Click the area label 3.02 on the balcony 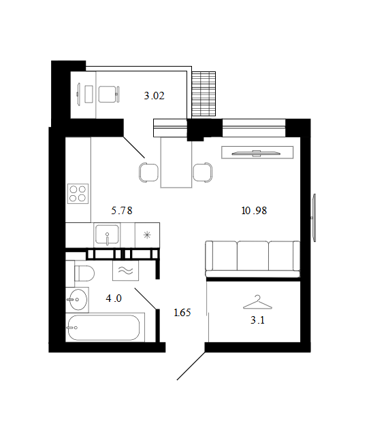click(154, 96)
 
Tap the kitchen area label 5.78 click(122, 210)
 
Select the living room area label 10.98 click(254, 210)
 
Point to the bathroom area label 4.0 click(114, 298)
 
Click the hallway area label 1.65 click(182, 312)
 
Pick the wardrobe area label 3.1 click(257, 320)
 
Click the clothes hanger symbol click(257, 303)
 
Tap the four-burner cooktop click(78, 194)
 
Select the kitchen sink click(107, 235)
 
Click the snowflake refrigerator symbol click(147, 235)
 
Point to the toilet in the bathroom click(84, 273)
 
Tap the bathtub click(103, 328)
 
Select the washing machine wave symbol click(125, 271)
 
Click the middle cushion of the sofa click(253, 256)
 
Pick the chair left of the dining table click(148, 173)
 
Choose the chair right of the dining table click(203, 173)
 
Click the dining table click(176, 162)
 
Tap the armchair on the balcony click(108, 95)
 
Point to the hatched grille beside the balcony click(204, 94)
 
